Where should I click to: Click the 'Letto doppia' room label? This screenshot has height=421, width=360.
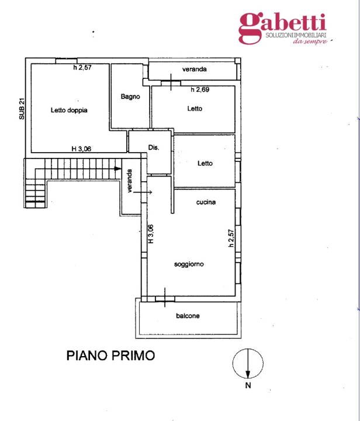tap(69, 110)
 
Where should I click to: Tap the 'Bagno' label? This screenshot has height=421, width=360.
tap(130, 96)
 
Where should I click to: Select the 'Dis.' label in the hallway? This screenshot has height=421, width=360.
tap(154, 147)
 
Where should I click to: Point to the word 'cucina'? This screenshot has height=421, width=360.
tap(206, 202)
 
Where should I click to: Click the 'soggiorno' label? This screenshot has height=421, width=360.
tap(189, 264)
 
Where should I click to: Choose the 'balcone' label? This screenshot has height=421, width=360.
tap(188, 316)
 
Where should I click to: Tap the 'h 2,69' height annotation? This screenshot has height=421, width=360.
tap(200, 89)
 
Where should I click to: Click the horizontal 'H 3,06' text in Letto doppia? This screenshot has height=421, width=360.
tap(81, 149)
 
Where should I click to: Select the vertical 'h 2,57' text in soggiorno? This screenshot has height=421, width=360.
tap(231, 240)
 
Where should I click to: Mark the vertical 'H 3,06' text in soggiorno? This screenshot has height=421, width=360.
tap(150, 234)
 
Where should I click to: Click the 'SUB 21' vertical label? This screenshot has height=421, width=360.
tap(22, 108)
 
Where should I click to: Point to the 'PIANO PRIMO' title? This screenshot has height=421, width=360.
tap(110, 355)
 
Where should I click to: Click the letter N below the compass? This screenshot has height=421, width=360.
tap(248, 385)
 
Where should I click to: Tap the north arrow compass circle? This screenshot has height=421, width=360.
tap(248, 363)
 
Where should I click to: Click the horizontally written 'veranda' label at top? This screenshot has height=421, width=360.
tap(194, 70)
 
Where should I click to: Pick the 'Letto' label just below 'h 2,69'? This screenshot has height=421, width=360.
tap(195, 108)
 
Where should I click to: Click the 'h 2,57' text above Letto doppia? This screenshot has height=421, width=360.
tap(83, 68)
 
